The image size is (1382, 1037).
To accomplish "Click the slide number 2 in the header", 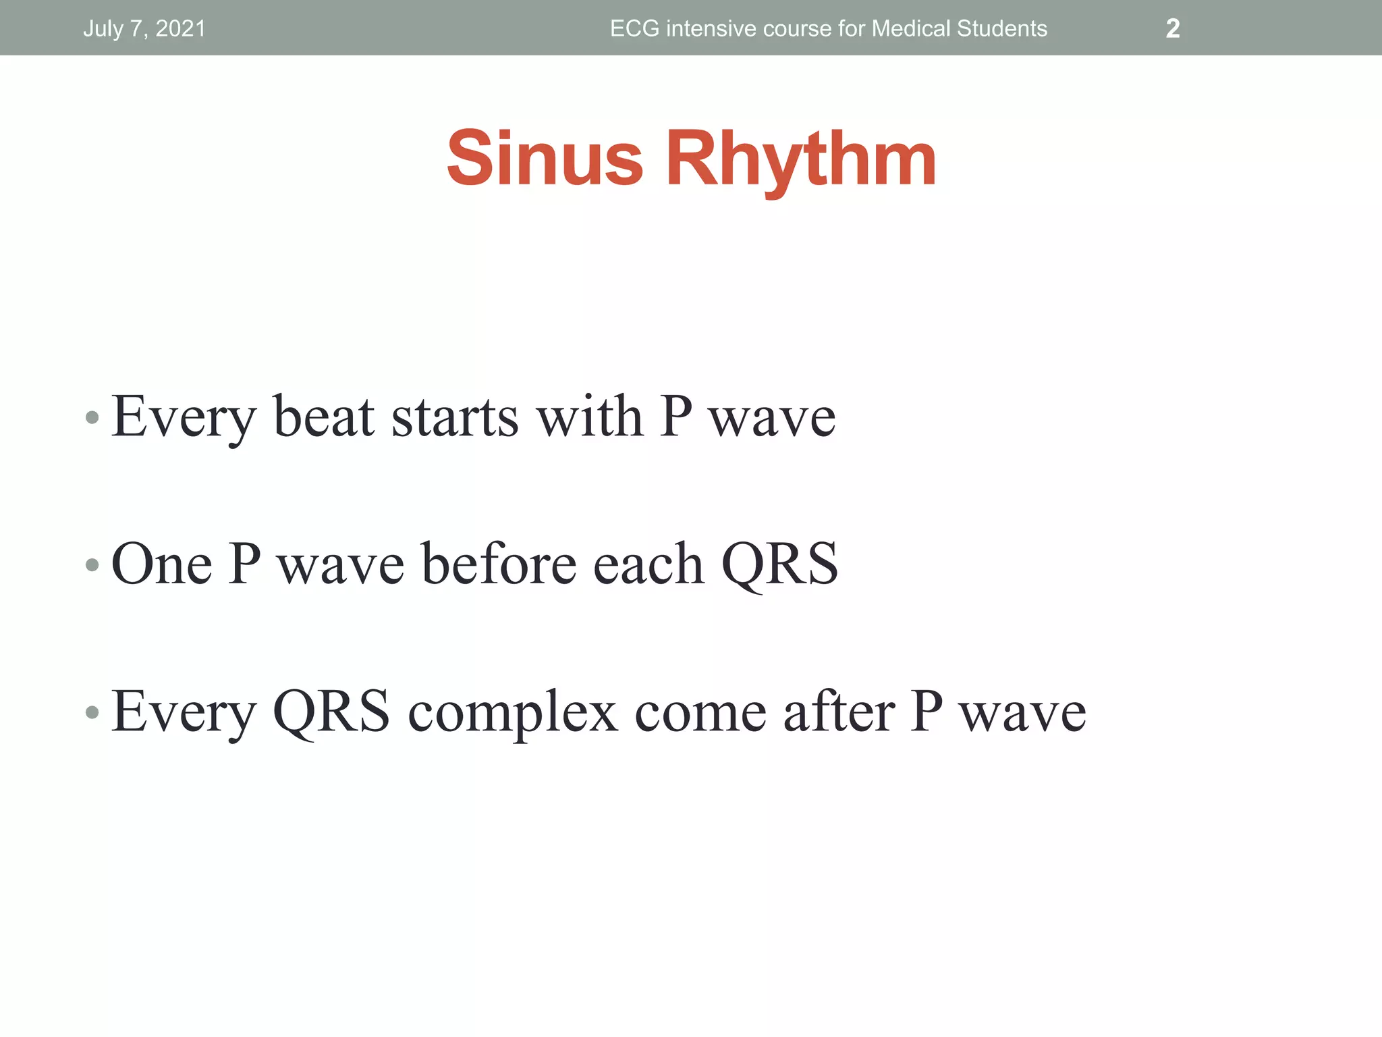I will (1173, 28).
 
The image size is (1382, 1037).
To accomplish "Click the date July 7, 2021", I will (144, 28).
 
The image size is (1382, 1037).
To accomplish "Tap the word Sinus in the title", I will (545, 159).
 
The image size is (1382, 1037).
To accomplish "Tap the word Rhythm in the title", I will (801, 160).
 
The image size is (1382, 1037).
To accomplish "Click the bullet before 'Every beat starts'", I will (92, 418).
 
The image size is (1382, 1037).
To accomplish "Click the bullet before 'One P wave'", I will (92, 564).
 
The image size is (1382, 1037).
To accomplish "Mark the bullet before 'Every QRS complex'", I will (92, 712).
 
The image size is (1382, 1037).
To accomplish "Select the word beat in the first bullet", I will (323, 417).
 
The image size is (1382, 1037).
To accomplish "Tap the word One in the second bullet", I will (161, 564).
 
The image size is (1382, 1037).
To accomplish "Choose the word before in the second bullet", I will (499, 564).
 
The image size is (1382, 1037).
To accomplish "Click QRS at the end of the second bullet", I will (779, 564).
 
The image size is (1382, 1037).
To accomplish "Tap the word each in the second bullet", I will (648, 564).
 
